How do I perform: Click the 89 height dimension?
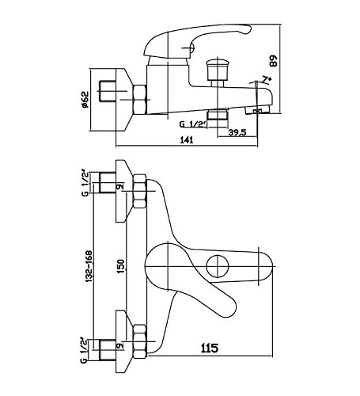pyautogui.click(x=274, y=61)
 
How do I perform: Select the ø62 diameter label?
pyautogui.click(x=85, y=100)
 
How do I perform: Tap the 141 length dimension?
pyautogui.click(x=187, y=140)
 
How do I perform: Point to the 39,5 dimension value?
pyautogui.click(x=237, y=132)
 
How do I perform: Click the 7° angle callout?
pyautogui.click(x=267, y=79)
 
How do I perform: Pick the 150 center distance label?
pyautogui.click(x=120, y=267)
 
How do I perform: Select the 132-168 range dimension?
pyautogui.click(x=89, y=267)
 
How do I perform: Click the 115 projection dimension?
pyautogui.click(x=210, y=348)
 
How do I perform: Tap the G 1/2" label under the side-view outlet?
pyautogui.click(x=192, y=124)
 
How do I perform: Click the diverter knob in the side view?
pyautogui.click(x=217, y=70)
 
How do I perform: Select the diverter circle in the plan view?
pyautogui.click(x=218, y=266)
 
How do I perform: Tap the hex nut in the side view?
pyautogui.click(x=139, y=100)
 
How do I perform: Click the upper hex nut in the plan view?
pyautogui.click(x=139, y=191)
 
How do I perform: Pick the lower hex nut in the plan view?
pyautogui.click(x=139, y=341)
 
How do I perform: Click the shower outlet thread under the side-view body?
pyautogui.click(x=217, y=115)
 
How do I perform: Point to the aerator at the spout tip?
pyautogui.click(x=258, y=111)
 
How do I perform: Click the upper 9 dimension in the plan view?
pyautogui.click(x=120, y=187)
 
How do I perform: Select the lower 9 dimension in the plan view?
pyautogui.click(x=120, y=345)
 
